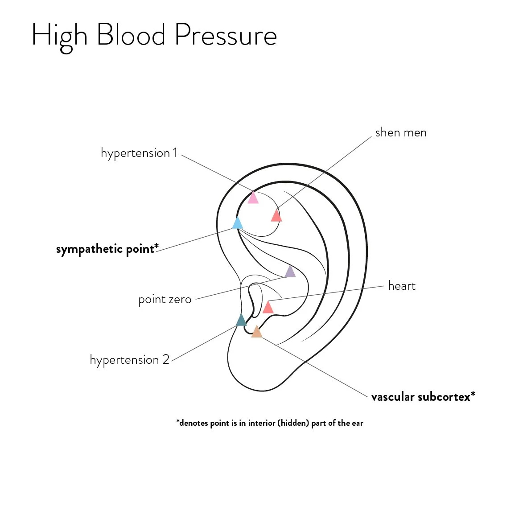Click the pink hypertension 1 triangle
click(x=253, y=198)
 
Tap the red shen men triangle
click(x=276, y=216)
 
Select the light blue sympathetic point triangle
click(x=238, y=223)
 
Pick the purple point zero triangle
click(x=290, y=272)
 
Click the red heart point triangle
click(x=268, y=308)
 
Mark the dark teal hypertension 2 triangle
click(x=241, y=320)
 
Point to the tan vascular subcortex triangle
click(x=256, y=332)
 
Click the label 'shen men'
click(x=400, y=132)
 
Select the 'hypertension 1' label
click(x=139, y=153)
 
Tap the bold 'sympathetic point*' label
click(x=107, y=249)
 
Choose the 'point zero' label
click(x=165, y=299)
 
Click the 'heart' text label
click(x=401, y=286)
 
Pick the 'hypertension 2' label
click(x=129, y=360)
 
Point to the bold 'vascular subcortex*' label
click(x=423, y=396)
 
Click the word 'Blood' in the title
click(x=131, y=35)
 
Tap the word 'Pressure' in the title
click(x=226, y=35)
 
